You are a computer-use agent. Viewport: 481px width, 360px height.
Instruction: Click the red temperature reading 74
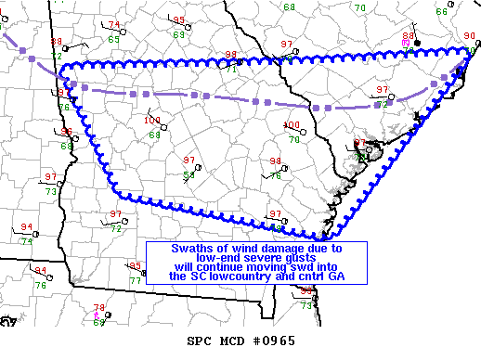tap(114, 25)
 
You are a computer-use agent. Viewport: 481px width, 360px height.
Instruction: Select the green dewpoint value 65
tap(113, 39)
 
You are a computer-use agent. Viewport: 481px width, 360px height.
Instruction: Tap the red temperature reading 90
tap(470, 36)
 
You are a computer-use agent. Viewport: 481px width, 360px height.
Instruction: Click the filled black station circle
tap(418, 43)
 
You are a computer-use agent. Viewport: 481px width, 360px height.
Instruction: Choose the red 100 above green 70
tap(292, 125)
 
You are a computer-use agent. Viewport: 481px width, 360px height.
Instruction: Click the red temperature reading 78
tap(99, 308)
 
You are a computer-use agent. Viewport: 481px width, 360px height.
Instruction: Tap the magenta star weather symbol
tap(98, 315)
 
